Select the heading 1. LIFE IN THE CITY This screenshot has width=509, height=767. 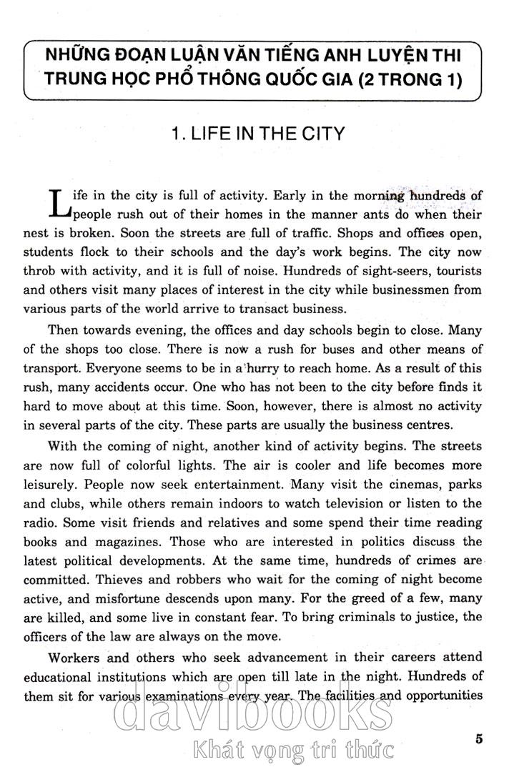click(254, 134)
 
